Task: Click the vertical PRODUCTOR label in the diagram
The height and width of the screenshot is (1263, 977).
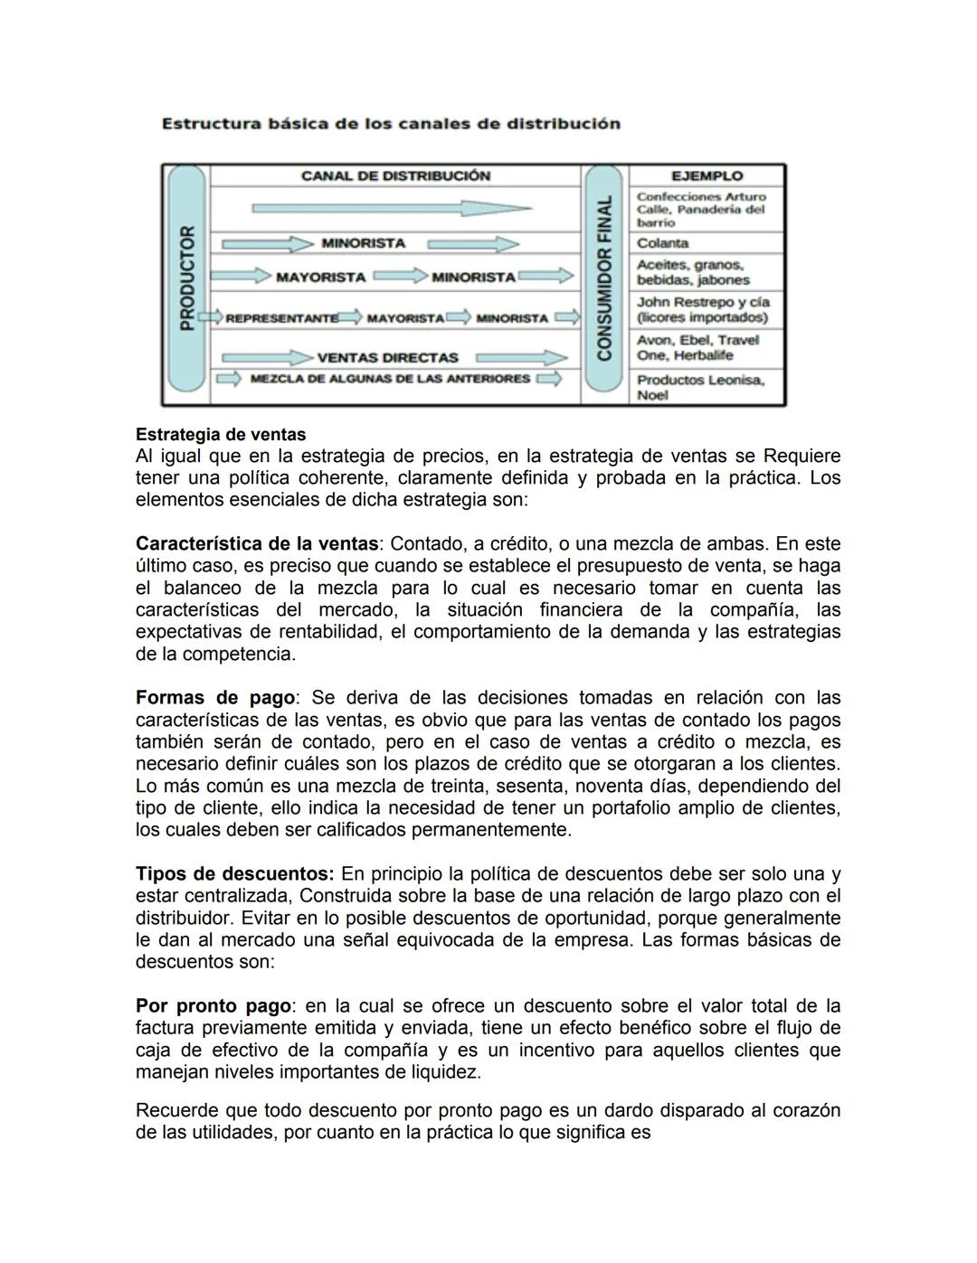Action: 187,278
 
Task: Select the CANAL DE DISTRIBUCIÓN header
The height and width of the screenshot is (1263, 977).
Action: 395,175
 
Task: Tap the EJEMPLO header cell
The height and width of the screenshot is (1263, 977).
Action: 707,176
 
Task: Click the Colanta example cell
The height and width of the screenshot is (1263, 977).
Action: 663,243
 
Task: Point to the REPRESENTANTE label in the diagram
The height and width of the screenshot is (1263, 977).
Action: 280,318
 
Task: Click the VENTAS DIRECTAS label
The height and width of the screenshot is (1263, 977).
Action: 388,358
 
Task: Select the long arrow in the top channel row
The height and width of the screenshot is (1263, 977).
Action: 391,209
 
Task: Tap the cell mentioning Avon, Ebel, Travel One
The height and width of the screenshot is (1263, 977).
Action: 697,347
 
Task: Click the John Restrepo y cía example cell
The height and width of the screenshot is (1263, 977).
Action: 702,309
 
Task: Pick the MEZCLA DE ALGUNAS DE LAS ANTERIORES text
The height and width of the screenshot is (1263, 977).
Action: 390,379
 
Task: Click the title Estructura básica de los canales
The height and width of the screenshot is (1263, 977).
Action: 391,124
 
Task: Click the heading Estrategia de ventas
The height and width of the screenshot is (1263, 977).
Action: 221,435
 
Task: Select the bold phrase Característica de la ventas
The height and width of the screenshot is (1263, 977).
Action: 256,544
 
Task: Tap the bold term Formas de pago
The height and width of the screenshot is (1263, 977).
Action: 215,698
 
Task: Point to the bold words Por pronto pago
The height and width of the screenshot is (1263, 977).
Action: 213,1006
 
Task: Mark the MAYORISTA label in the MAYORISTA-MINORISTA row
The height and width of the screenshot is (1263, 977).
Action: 320,278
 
